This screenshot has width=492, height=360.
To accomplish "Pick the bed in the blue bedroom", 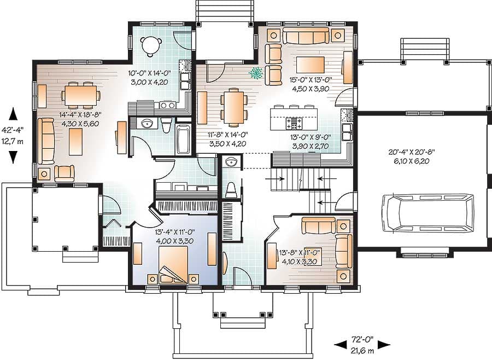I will coord(173,265).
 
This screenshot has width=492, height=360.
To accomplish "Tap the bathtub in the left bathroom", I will coord(183,140).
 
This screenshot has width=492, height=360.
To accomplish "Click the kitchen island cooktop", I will coord(295,121).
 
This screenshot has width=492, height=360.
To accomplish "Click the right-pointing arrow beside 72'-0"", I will coord(384,345).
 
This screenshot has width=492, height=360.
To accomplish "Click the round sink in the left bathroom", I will coord(147,124).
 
